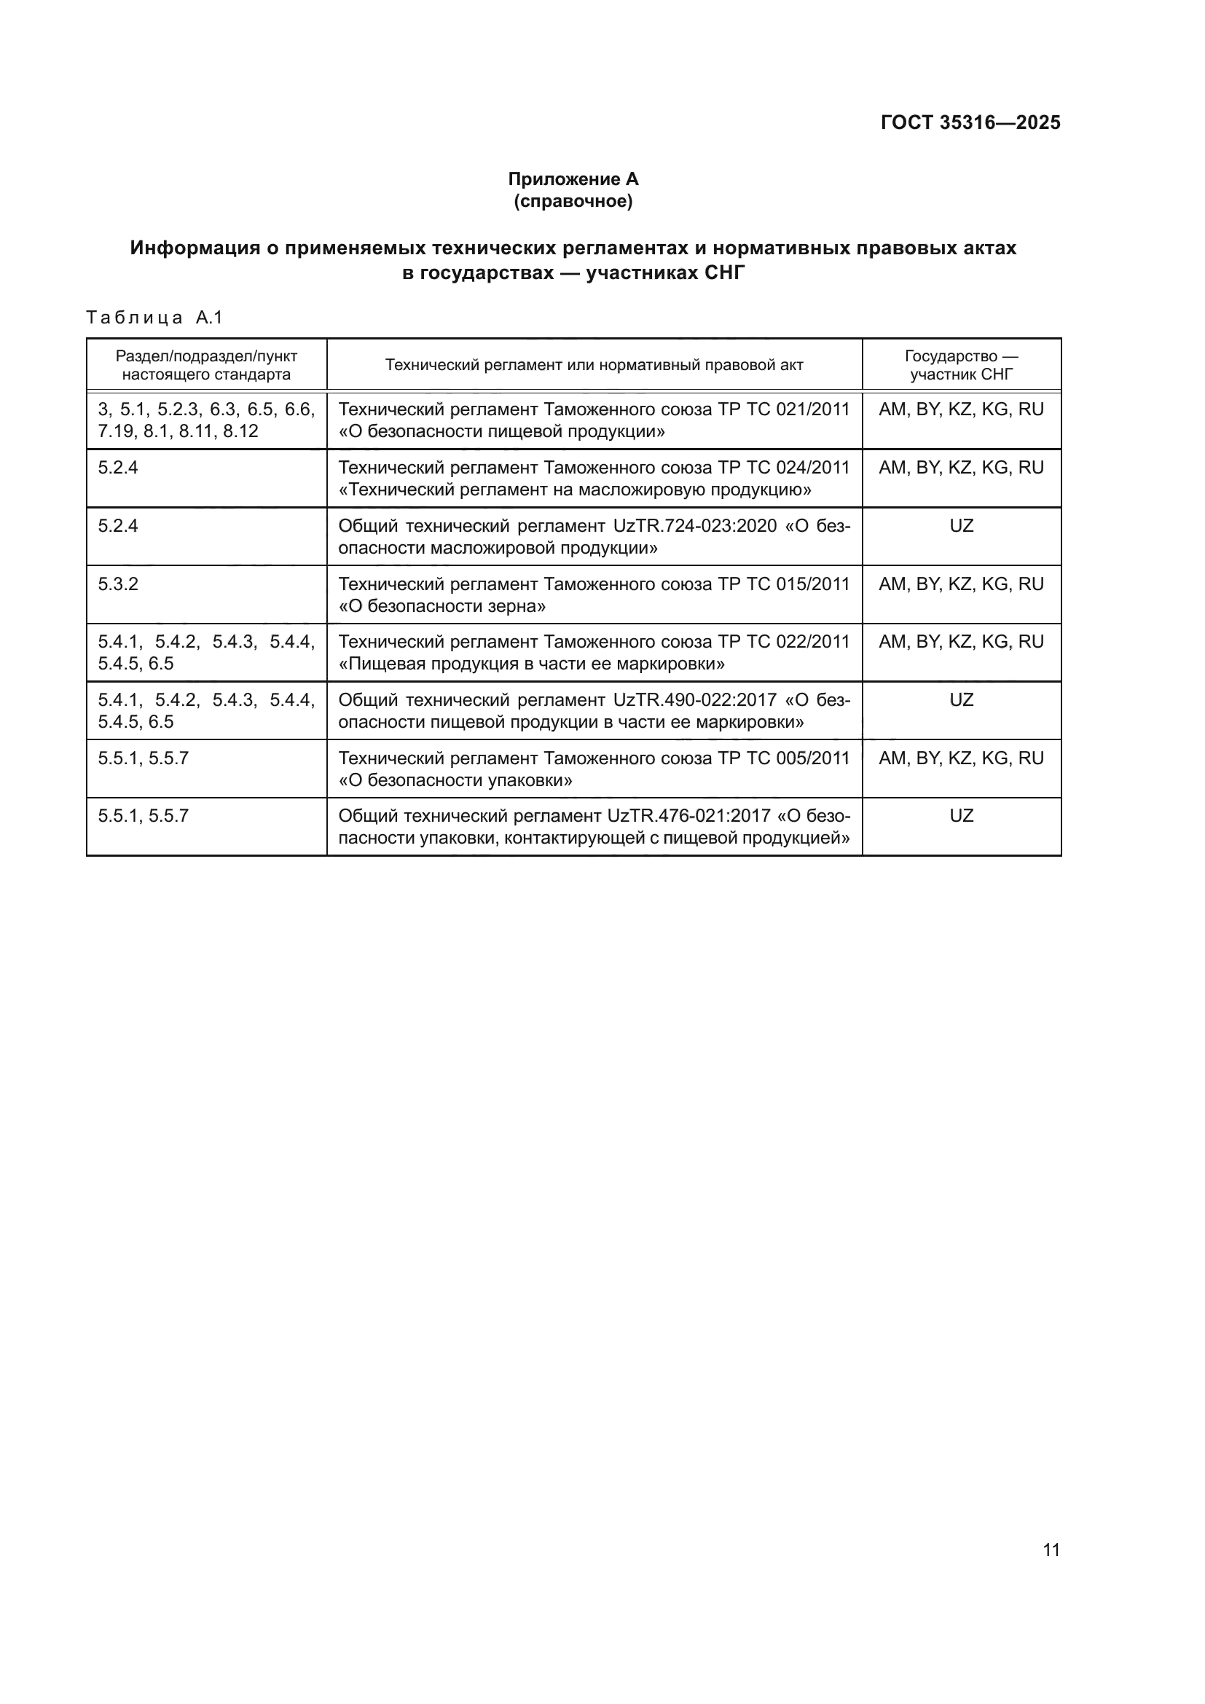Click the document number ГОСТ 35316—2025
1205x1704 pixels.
coord(970,122)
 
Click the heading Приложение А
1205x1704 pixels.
coord(573,179)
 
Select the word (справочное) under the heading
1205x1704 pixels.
coord(573,201)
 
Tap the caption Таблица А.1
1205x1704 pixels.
coord(154,318)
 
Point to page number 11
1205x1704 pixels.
coord(1051,1549)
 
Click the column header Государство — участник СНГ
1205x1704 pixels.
coord(961,364)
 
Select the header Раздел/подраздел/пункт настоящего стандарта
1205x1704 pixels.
coord(206,364)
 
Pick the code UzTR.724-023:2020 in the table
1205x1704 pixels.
coord(694,525)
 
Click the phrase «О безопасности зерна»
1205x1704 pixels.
coord(442,606)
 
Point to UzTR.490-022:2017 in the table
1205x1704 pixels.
coord(694,700)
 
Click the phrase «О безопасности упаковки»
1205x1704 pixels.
coord(455,780)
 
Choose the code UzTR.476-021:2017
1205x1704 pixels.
coord(688,816)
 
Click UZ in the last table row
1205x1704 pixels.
coord(961,816)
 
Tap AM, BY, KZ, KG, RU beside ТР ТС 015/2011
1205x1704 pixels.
coord(961,584)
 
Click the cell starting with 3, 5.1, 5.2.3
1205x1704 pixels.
coord(206,420)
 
